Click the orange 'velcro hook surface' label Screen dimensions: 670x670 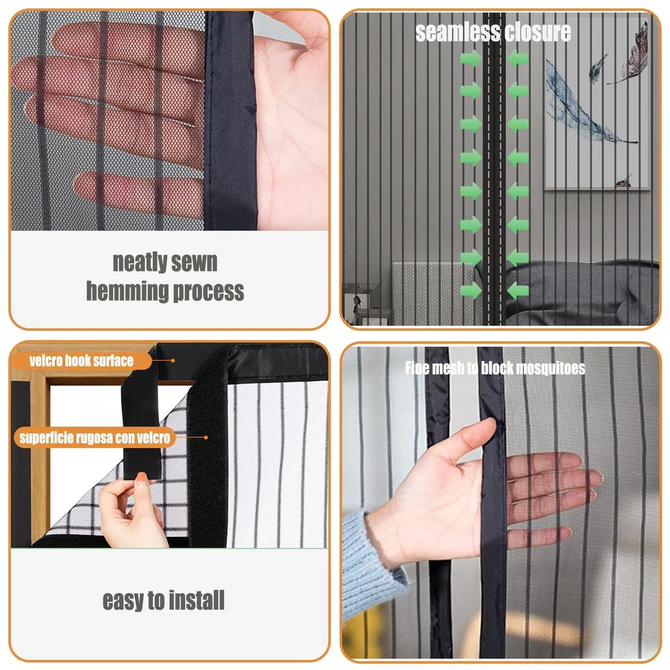(82, 361)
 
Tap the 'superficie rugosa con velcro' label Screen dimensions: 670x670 (94, 438)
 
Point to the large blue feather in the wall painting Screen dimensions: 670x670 (584, 104)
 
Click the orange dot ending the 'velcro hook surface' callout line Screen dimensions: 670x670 (173, 361)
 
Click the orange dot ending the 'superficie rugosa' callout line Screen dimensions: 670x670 (206, 438)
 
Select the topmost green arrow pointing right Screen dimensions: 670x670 (471, 59)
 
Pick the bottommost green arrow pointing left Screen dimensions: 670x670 (518, 290)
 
